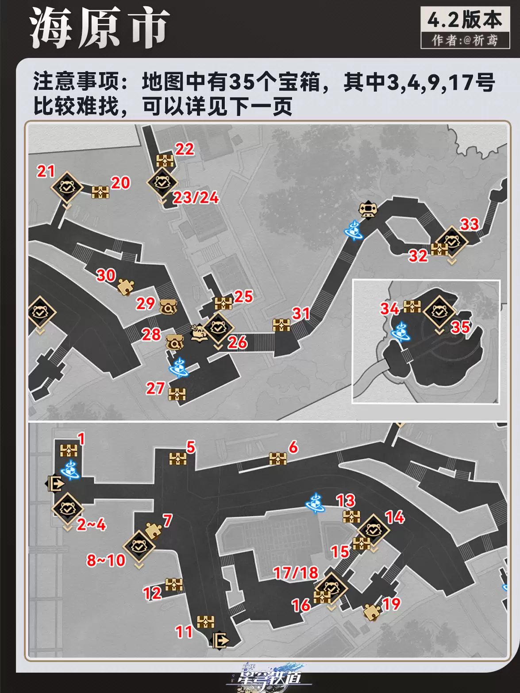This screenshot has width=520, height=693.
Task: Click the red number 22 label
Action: [185, 149]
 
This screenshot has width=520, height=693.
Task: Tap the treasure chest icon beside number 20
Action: [100, 192]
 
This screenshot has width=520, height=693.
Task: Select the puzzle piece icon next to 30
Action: [126, 287]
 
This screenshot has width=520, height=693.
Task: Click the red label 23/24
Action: [196, 198]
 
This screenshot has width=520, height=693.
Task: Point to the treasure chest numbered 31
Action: [281, 325]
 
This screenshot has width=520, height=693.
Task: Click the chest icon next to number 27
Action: [177, 394]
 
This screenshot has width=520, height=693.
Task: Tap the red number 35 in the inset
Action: [460, 327]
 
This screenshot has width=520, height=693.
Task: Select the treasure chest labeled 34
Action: [412, 307]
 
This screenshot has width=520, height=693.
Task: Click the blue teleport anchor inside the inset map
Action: [401, 332]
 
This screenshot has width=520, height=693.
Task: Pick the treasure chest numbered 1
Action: [69, 450]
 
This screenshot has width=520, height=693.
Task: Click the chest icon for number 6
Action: [278, 459]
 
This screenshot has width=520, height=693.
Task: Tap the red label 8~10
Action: [106, 560]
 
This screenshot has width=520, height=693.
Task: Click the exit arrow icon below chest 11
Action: [220, 640]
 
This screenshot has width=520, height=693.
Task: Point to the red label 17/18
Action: [296, 573]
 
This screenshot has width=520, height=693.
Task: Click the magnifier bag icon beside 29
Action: [168, 306]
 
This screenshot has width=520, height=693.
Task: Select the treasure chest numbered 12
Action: [174, 585]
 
